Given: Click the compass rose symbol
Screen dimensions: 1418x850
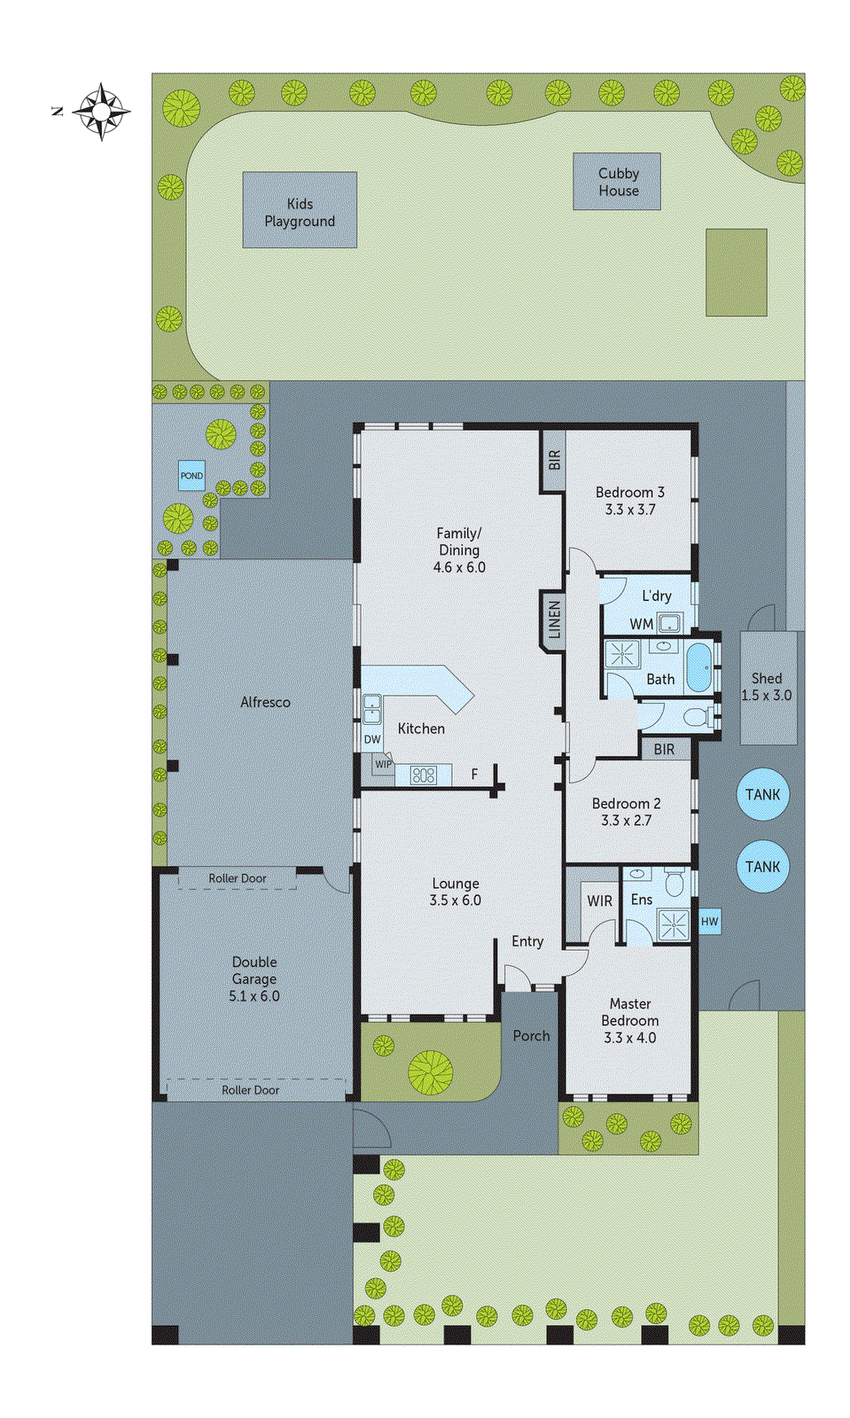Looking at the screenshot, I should click(x=101, y=112).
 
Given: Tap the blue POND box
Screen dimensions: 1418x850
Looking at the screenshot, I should click(x=191, y=476).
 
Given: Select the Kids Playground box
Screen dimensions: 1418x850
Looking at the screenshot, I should click(x=300, y=210).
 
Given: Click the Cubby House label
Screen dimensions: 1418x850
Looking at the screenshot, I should click(x=618, y=182).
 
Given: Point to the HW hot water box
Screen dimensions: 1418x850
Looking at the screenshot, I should click(x=709, y=922).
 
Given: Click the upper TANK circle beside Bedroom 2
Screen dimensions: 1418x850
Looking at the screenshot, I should click(x=762, y=795).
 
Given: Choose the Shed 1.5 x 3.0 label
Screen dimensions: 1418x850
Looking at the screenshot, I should click(x=767, y=687).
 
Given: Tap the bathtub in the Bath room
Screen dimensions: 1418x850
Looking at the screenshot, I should click(x=699, y=667).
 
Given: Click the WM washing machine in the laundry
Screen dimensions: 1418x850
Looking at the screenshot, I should click(x=669, y=623).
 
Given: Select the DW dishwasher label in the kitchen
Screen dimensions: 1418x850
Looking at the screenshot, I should click(x=372, y=739).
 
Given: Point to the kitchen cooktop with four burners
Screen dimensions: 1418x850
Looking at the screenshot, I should click(x=424, y=775).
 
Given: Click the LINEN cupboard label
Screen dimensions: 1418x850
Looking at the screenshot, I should click(x=554, y=620).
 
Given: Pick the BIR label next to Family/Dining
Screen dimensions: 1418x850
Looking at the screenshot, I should click(x=554, y=460).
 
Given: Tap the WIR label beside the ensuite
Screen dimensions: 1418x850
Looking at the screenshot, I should click(x=599, y=900).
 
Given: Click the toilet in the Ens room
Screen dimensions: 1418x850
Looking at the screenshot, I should click(x=675, y=883).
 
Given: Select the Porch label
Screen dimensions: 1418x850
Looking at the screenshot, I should click(x=531, y=1035).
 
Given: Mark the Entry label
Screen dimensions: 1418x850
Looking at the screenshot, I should click(x=527, y=941).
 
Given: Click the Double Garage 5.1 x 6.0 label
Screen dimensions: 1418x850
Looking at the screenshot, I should click(x=254, y=978).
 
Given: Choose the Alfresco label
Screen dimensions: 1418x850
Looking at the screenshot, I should click(x=265, y=702).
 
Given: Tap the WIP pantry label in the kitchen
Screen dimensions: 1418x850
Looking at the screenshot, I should click(x=383, y=764).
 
